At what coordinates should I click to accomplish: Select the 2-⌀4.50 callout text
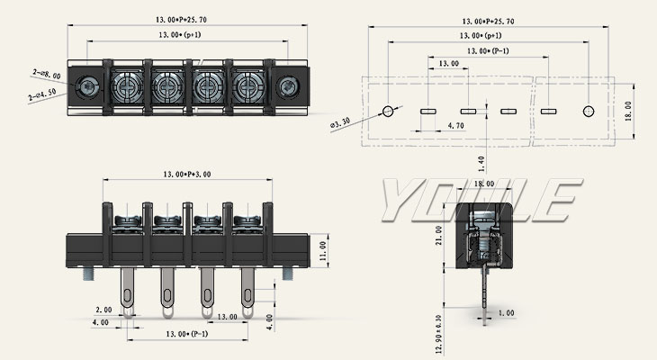coord(42,92)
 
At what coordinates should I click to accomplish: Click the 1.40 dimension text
coord(482,162)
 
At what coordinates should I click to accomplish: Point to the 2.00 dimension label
coord(102,309)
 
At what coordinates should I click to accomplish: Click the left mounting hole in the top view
coord(88,87)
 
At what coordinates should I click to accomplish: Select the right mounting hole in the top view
coord(288,87)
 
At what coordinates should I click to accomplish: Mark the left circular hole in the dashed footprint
coord(389,111)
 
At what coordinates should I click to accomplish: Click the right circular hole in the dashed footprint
coord(588,111)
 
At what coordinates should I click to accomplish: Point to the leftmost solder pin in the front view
coord(129,292)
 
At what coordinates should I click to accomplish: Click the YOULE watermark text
coord(477,200)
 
